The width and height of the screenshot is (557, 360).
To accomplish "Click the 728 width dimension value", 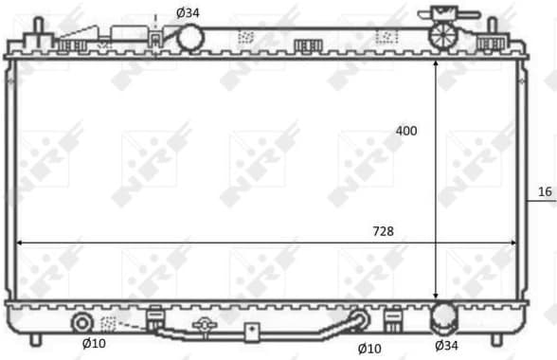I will coord(384,230).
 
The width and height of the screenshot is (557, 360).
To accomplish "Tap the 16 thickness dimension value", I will coord(545,192).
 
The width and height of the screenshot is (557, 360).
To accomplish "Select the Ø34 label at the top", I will coord(188,12).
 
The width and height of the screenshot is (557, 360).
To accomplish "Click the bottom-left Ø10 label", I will coord(93,343).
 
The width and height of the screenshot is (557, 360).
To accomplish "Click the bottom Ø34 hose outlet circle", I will coord(444,316).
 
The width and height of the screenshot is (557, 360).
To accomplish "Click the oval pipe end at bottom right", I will coord(358,320).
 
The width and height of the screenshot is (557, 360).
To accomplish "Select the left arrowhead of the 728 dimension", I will coord(21,243).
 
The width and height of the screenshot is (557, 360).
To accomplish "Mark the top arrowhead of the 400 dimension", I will coord(436,63).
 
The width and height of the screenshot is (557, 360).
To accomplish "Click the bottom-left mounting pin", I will coord(36,338).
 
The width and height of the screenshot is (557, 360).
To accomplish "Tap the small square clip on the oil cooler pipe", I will coord(252,333).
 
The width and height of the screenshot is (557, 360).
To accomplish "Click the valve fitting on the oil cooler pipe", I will coord(202,327).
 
